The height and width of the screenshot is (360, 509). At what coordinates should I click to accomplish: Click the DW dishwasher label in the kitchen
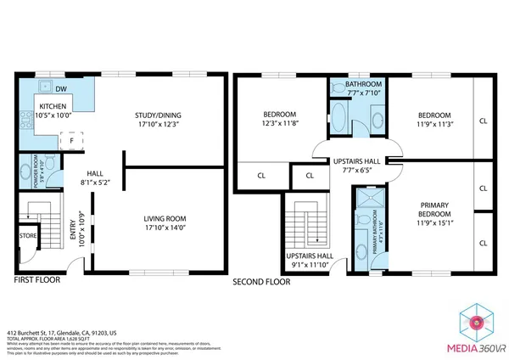(x=61, y=88)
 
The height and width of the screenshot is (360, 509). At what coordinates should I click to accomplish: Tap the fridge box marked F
(x=72, y=141)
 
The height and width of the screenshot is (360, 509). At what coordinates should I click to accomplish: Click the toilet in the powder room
(x=50, y=163)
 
